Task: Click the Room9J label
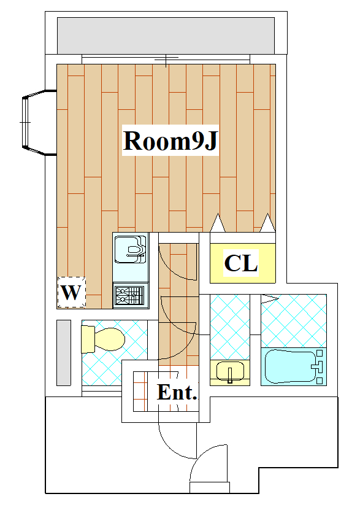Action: [x=170, y=141]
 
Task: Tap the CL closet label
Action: [x=241, y=263]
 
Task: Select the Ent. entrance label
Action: [x=177, y=392]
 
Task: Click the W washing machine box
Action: [x=71, y=292]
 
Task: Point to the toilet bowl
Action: [x=110, y=339]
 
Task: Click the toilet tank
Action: [x=88, y=339]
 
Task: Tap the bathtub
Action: [x=290, y=366]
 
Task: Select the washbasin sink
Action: [x=231, y=371]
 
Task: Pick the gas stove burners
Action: [x=129, y=295]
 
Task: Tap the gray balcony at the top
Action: [x=166, y=36]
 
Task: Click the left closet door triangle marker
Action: [x=218, y=223]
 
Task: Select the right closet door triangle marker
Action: [x=267, y=223]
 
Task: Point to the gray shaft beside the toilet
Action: [x=64, y=352]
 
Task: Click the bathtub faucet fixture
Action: [x=318, y=366]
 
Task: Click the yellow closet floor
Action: [x=242, y=263]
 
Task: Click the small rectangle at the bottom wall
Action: [x=210, y=487]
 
